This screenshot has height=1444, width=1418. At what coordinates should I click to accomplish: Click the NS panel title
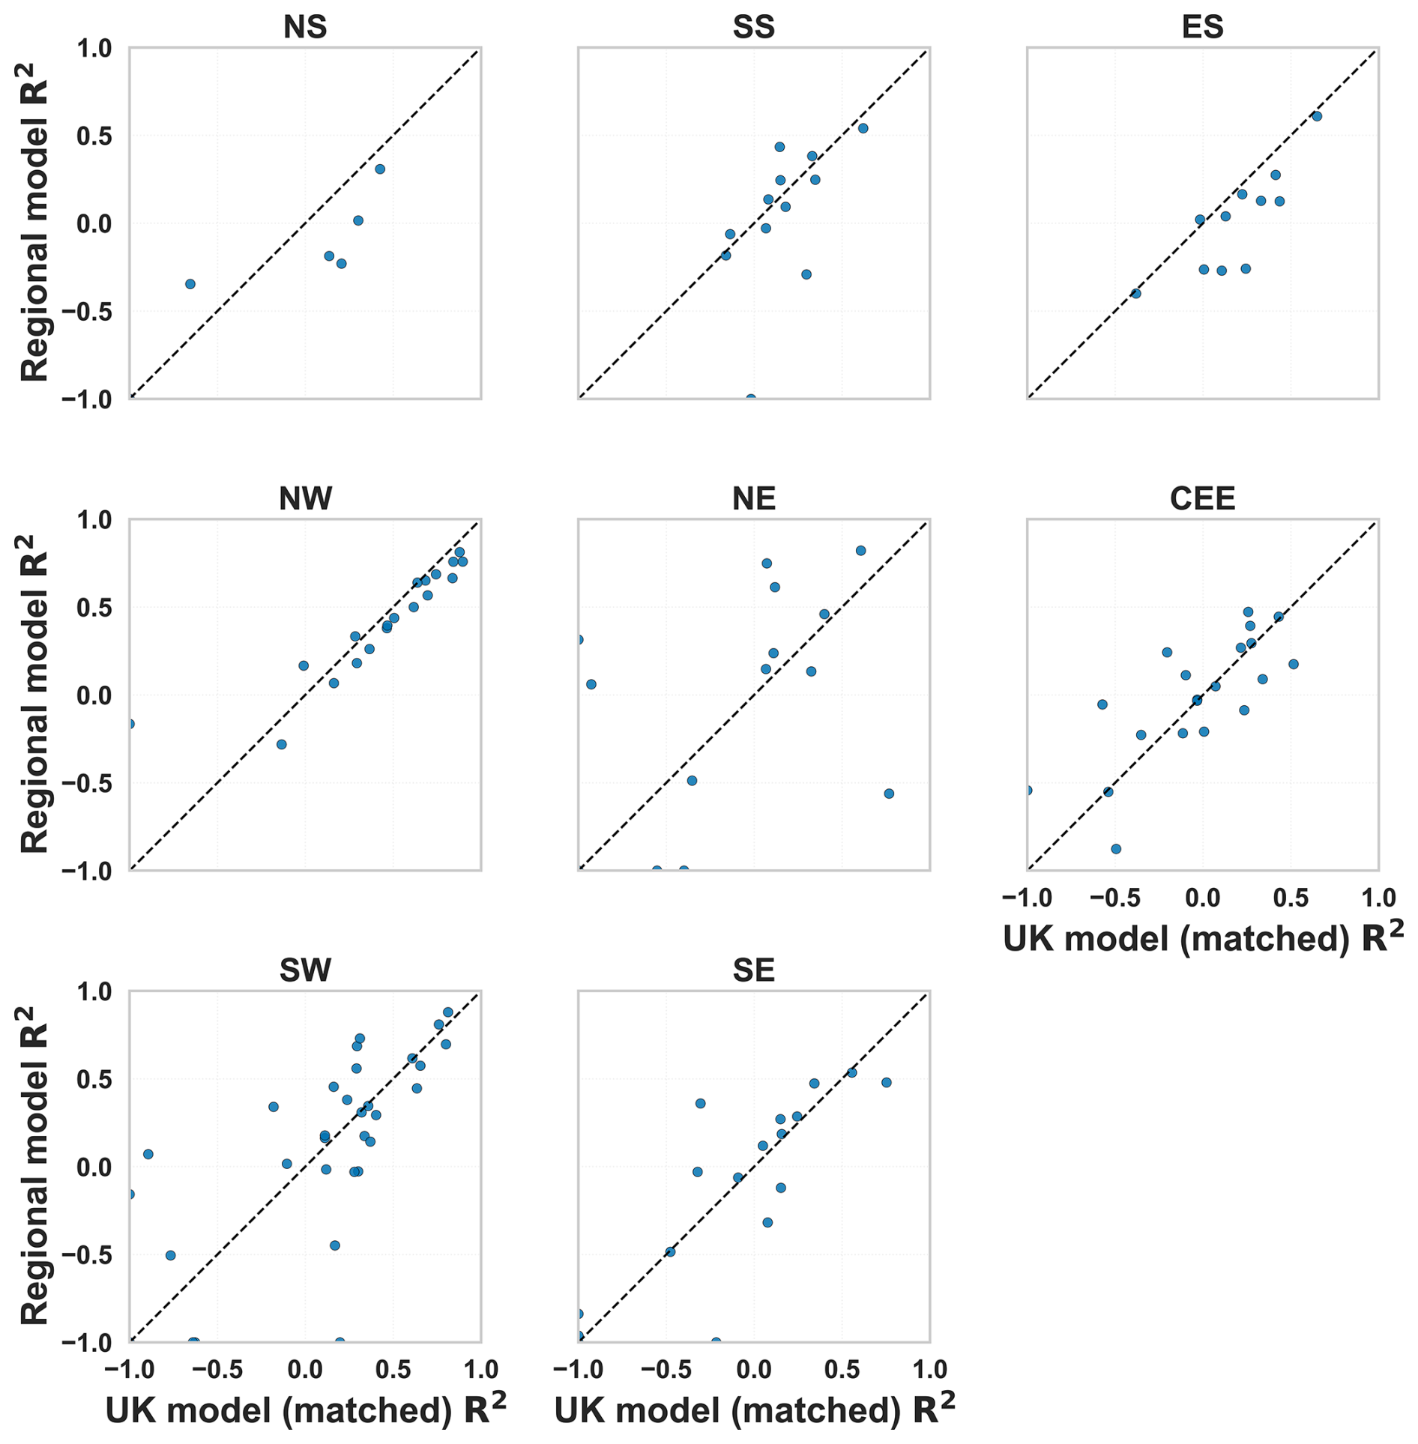[x=305, y=27]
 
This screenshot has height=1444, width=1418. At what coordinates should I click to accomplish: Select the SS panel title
[x=753, y=27]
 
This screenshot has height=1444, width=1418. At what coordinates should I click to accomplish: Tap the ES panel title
[x=1202, y=27]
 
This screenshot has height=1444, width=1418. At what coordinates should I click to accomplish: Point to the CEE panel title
[x=1202, y=498]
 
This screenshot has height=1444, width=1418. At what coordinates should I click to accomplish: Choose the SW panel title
[x=305, y=970]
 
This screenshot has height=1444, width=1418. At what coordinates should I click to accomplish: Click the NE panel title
[x=753, y=498]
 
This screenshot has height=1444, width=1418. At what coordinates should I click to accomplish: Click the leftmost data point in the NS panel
[x=190, y=284]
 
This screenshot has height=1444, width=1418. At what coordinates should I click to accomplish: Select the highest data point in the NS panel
[x=380, y=169]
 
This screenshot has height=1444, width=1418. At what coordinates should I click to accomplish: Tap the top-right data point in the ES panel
[x=1317, y=116]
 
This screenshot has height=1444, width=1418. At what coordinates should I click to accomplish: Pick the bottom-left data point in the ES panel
[x=1135, y=294]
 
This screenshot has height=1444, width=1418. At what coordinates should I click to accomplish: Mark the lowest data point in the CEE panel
[x=1116, y=849]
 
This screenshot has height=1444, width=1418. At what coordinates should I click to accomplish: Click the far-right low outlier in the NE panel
[x=889, y=794]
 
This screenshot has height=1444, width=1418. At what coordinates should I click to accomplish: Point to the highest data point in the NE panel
[x=860, y=551]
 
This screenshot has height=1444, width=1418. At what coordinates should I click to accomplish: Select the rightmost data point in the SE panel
[x=886, y=1083]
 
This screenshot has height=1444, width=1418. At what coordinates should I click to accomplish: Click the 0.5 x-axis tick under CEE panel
[x=1291, y=898]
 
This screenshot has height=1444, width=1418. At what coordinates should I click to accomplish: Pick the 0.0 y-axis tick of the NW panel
[x=94, y=695]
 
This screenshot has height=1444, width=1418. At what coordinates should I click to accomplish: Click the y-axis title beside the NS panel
[x=34, y=223]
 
